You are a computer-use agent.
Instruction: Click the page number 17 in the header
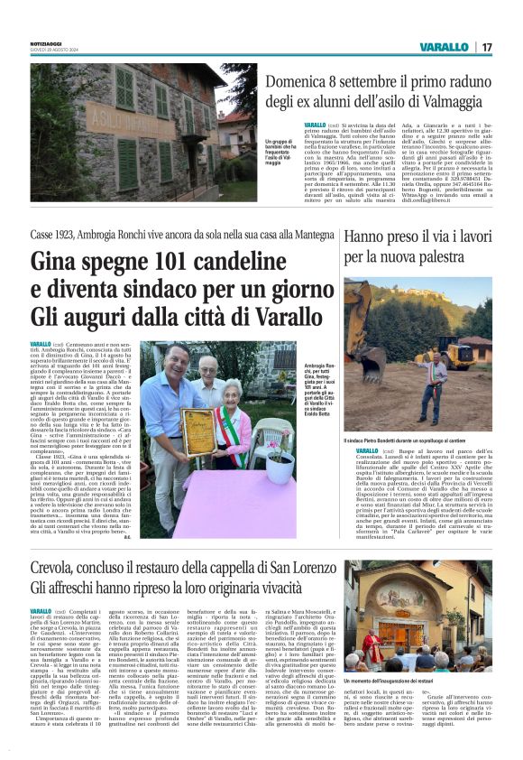click(x=486, y=47)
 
